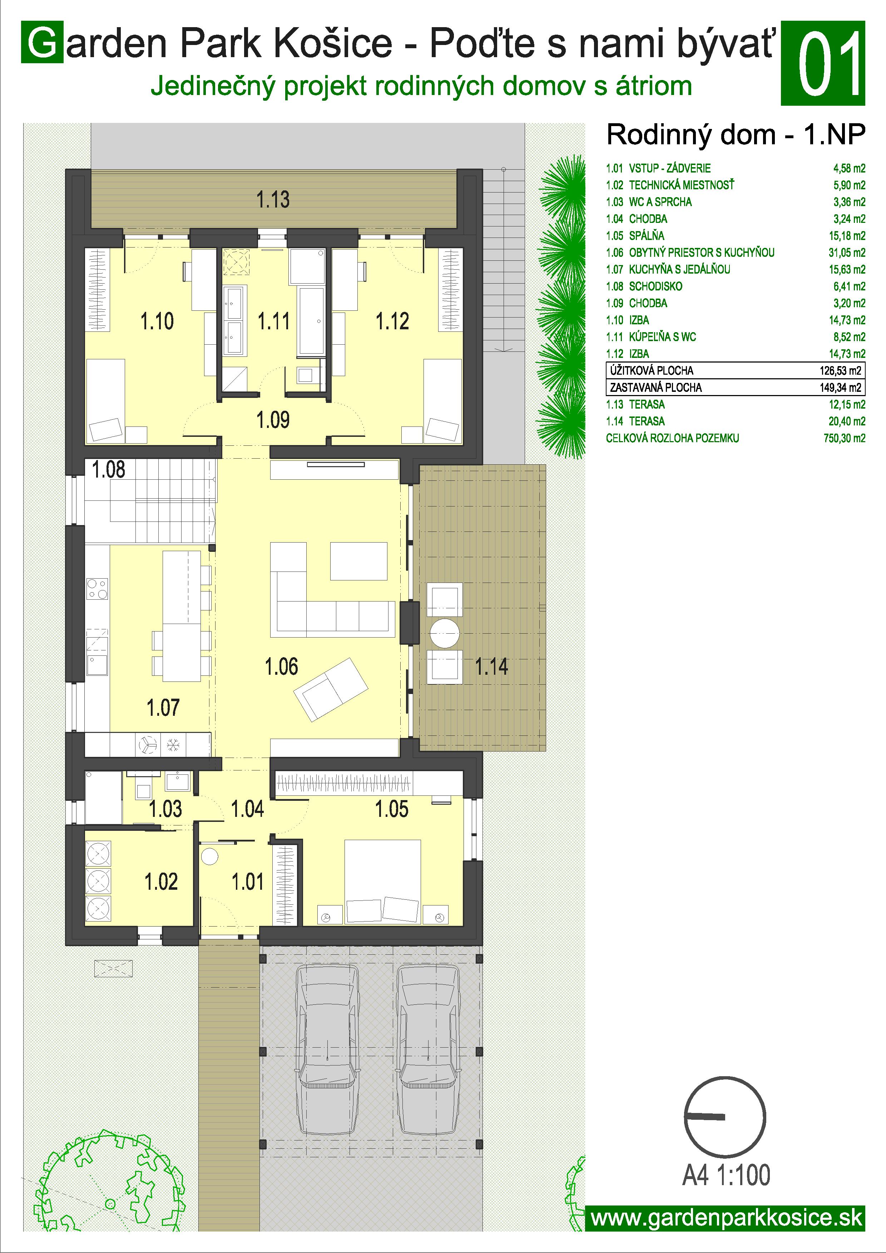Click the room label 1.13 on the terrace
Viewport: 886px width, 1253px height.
(273, 200)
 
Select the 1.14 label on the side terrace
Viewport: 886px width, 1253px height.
(491, 667)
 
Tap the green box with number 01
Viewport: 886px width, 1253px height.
(823, 63)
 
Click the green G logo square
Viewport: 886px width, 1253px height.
(43, 43)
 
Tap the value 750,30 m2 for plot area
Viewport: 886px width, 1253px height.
(845, 438)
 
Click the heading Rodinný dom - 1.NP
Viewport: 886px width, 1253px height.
(736, 135)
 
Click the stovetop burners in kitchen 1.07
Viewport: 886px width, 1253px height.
(98, 589)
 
